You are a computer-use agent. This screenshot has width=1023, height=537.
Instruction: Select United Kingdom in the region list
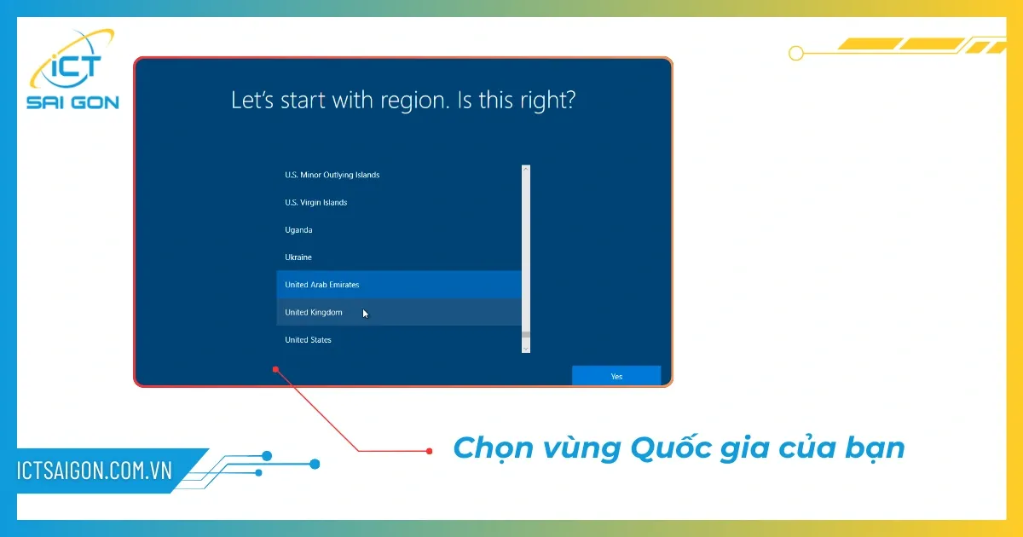314,313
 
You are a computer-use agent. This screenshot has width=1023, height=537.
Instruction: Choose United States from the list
309,340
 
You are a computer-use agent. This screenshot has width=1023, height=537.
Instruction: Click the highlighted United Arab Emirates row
322,285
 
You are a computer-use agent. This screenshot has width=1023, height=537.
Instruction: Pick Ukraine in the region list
298,257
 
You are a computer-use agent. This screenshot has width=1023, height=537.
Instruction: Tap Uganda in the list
298,230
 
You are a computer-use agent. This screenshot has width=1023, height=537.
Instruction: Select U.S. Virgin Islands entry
315,203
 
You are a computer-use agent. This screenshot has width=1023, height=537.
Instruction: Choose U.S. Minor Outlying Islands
332,176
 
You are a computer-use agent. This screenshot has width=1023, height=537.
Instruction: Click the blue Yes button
616,376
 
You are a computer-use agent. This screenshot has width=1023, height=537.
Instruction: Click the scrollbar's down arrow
525,348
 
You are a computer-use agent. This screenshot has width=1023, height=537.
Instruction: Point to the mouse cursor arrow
365,314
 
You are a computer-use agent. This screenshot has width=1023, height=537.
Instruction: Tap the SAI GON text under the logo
72,103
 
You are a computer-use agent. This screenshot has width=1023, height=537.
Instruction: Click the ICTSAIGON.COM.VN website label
95,470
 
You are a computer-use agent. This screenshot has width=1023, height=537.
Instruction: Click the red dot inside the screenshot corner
275,369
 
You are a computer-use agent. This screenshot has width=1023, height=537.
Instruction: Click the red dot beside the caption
429,450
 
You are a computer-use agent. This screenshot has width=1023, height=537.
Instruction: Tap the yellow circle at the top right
796,53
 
